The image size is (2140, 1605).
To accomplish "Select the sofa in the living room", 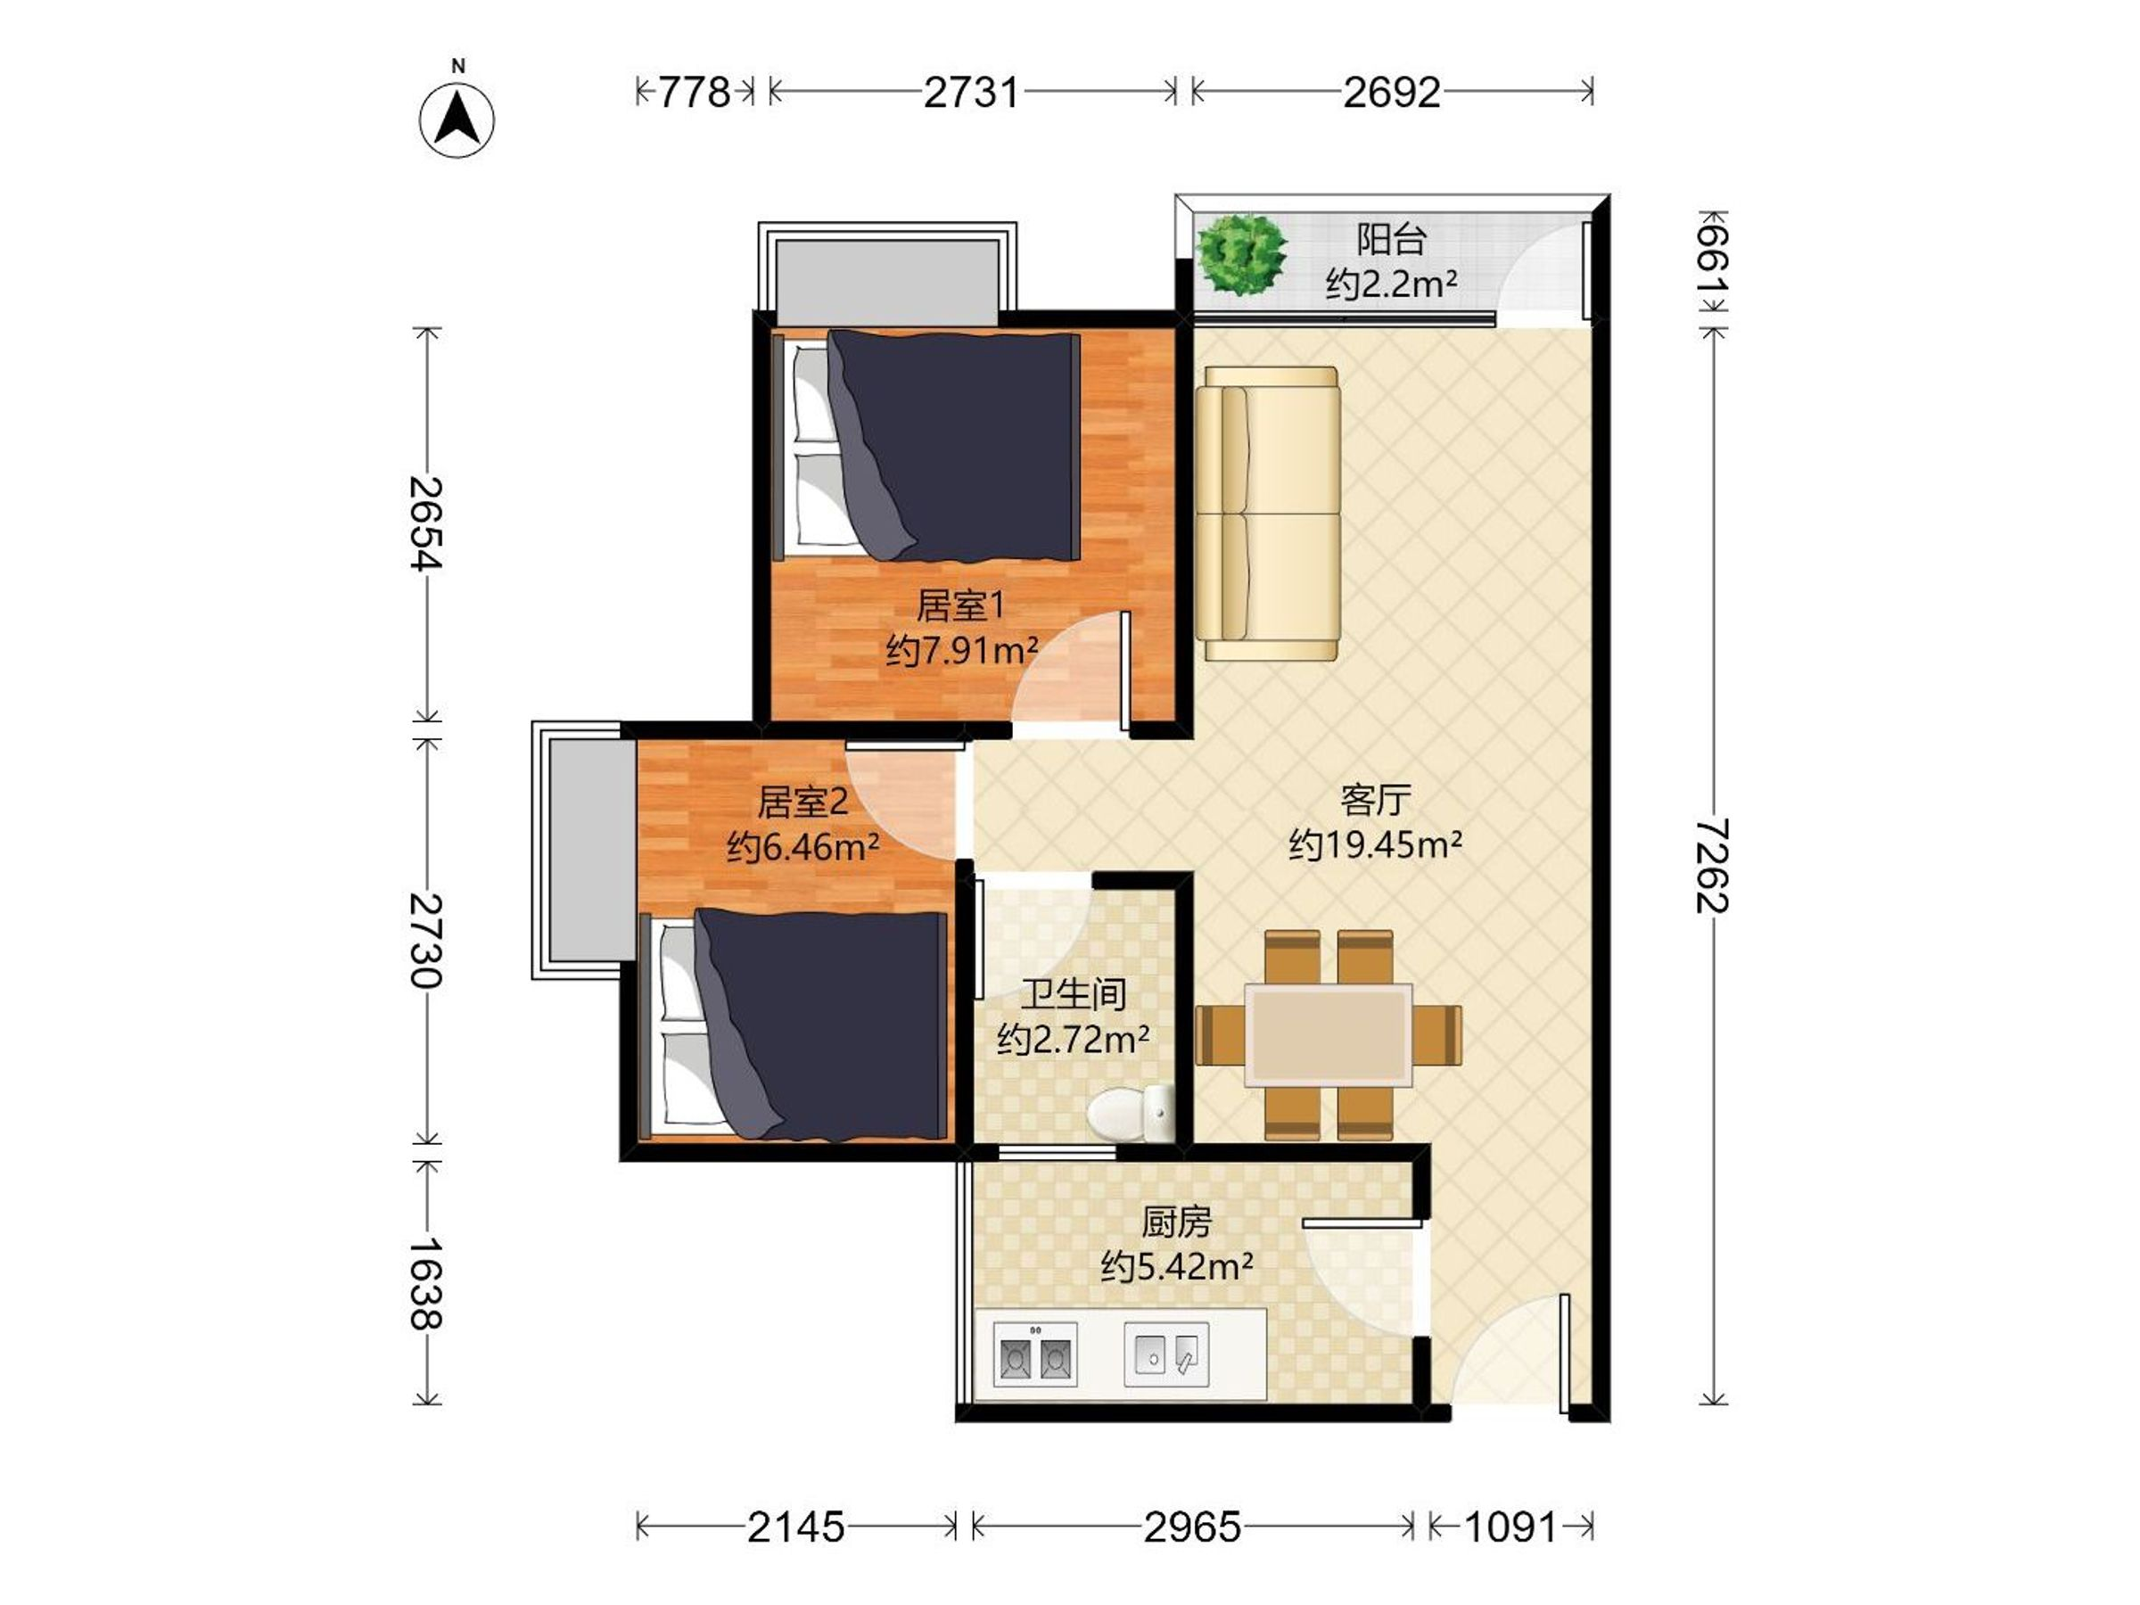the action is click(x=1267, y=513).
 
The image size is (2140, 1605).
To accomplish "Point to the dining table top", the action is click(x=1328, y=1034).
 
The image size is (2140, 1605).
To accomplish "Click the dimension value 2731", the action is click(x=971, y=93).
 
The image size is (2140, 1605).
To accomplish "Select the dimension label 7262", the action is click(x=1712, y=866).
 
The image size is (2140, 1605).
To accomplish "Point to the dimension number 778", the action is click(x=695, y=93).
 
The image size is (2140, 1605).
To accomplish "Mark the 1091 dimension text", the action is click(x=1510, y=1527).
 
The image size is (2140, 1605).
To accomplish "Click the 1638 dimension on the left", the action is click(x=424, y=1283).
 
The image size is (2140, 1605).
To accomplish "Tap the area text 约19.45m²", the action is click(x=1375, y=844).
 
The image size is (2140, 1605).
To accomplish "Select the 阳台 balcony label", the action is click(x=1391, y=238).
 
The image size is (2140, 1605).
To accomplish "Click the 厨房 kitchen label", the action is click(x=1176, y=1222).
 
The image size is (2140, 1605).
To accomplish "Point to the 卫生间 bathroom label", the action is click(x=1074, y=993).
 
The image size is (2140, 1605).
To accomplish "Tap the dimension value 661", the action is click(x=1712, y=261).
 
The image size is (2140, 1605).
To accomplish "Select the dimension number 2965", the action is click(x=1193, y=1527).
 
